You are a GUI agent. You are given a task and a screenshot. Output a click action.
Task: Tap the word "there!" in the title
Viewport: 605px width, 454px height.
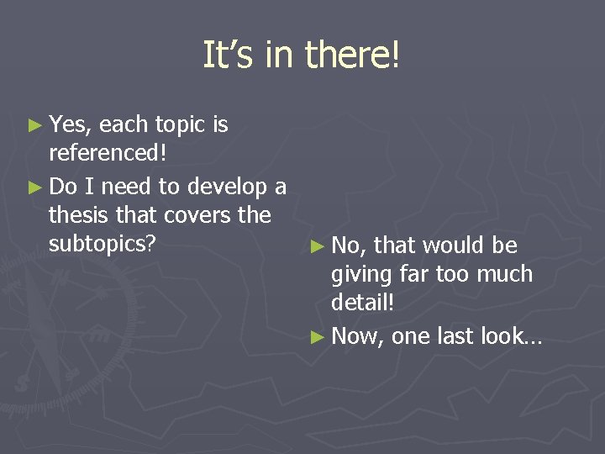coord(353,55)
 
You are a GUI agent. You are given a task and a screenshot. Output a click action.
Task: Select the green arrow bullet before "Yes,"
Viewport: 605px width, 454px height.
coord(34,125)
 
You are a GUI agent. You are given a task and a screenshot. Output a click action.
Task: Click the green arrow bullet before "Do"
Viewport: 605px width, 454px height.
coord(34,186)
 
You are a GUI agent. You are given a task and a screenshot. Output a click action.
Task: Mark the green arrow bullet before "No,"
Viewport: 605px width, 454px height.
coord(316,246)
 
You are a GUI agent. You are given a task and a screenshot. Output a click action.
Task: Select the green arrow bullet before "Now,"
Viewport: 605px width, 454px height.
coord(316,337)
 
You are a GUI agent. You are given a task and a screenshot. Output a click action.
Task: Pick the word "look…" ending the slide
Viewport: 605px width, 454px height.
coord(512,335)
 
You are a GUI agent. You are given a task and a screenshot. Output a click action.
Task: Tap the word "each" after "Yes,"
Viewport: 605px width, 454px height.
coord(123,125)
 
